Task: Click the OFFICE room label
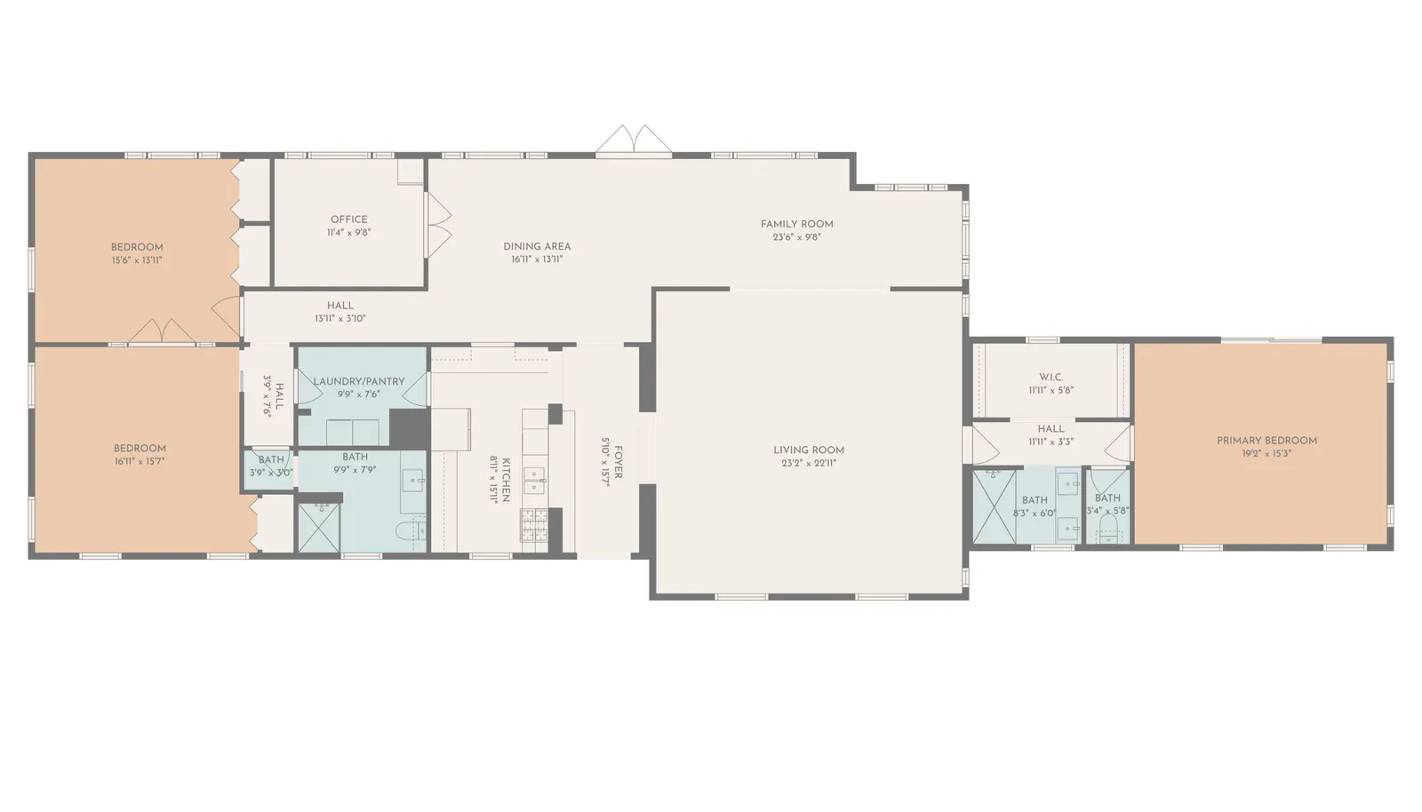348,219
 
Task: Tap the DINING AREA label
537,246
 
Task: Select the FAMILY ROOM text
796,224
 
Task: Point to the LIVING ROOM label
809,450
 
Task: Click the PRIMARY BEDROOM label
1266,441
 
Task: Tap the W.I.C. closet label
1051,377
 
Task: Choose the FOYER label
618,462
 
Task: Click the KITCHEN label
506,480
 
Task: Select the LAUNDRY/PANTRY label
359,381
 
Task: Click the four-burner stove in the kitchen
534,525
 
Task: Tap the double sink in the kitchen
534,481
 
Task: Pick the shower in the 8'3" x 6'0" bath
995,507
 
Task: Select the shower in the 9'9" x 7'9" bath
319,527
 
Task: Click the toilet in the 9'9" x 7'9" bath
407,529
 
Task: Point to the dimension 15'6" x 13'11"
137,260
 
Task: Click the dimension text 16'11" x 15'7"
140,461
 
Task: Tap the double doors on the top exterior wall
634,139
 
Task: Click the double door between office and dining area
438,225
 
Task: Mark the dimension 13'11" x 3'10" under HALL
340,318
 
